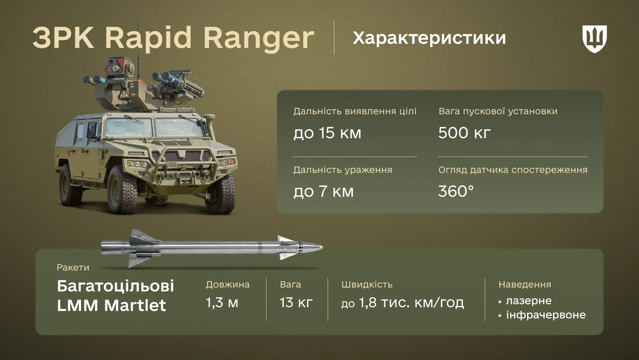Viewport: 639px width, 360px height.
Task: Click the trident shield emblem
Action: pyautogui.click(x=594, y=39)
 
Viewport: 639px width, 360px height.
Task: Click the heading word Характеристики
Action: pyautogui.click(x=429, y=38)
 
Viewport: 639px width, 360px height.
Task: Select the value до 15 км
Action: pyautogui.click(x=327, y=133)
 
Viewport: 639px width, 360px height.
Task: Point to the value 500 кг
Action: pyautogui.click(x=464, y=133)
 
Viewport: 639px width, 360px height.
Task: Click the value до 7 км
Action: pyautogui.click(x=323, y=192)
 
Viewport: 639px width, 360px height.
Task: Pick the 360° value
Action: pyautogui.click(x=456, y=191)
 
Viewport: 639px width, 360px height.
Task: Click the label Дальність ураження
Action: pyautogui.click(x=343, y=170)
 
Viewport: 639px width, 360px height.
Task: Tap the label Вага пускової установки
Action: pyautogui.click(x=498, y=111)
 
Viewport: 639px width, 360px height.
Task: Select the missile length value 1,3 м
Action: pyautogui.click(x=222, y=303)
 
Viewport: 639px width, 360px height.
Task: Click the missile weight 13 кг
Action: pyautogui.click(x=296, y=303)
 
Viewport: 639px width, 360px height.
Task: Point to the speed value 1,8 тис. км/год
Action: pyautogui.click(x=411, y=303)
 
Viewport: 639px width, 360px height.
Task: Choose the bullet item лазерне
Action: pyautogui.click(x=528, y=301)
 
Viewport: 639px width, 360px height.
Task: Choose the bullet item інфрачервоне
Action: pyautogui.click(x=546, y=315)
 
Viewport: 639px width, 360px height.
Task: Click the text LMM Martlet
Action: pyautogui.click(x=111, y=306)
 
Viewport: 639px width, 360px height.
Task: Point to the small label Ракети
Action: pyautogui.click(x=73, y=268)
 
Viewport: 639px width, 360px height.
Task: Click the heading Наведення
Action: pyautogui.click(x=525, y=285)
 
